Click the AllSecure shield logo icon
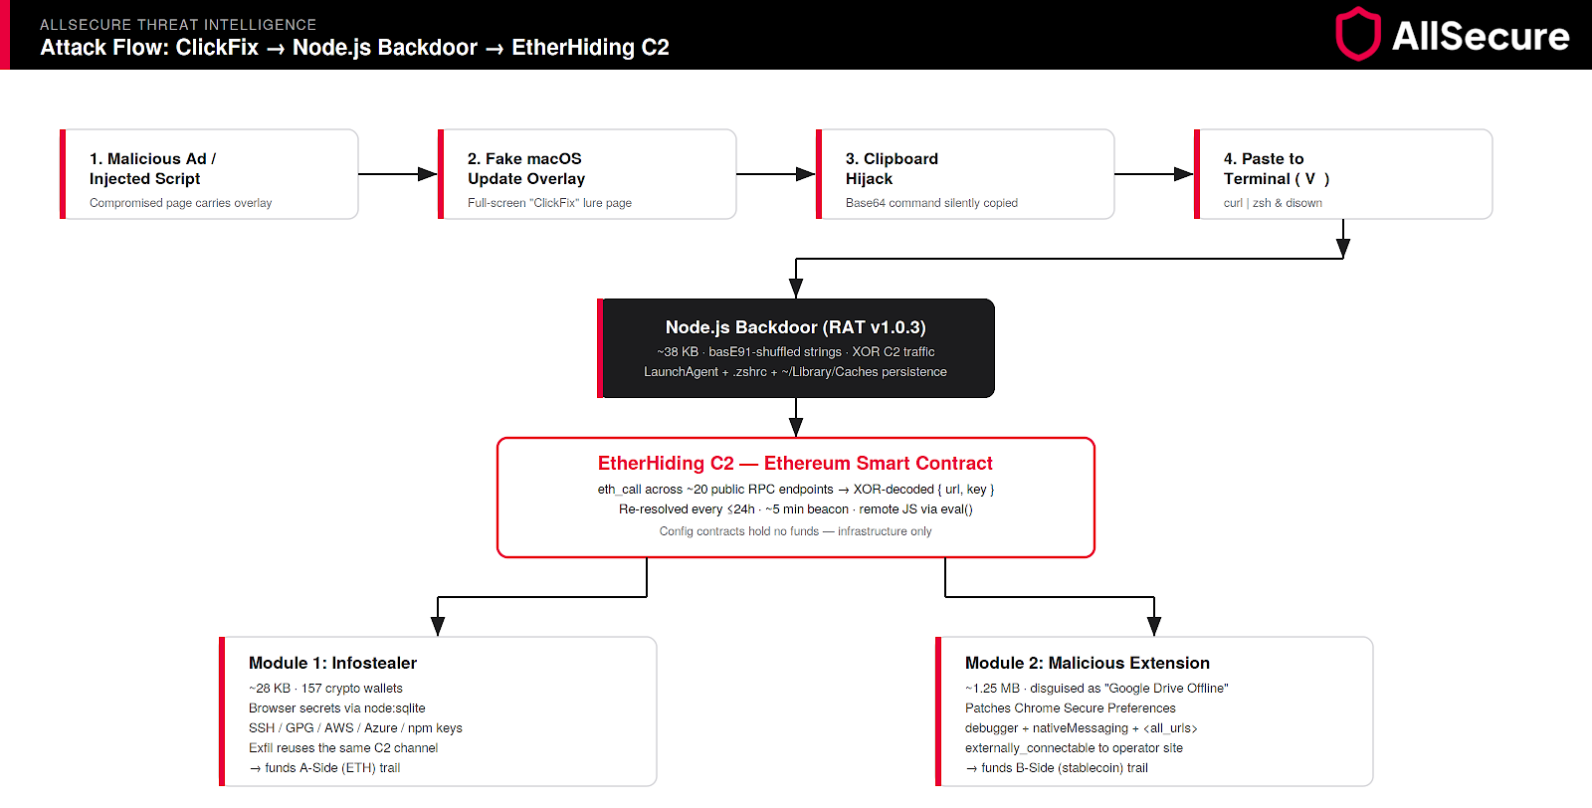pyautogui.click(x=1358, y=34)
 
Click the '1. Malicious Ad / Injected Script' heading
pyautogui.click(x=153, y=168)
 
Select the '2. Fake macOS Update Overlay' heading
pyautogui.click(x=526, y=168)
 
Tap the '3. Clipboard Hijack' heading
pyautogui.click(x=892, y=168)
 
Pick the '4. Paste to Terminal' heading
pyautogui.click(x=1276, y=168)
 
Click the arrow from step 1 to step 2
pyautogui.click(x=398, y=174)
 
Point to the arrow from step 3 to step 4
pyautogui.click(x=1154, y=174)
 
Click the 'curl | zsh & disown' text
pyautogui.click(x=1273, y=203)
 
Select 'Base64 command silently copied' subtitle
pyautogui.click(x=931, y=203)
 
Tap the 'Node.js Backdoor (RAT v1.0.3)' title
pyautogui.click(x=795, y=327)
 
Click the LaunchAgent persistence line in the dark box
pyautogui.click(x=795, y=372)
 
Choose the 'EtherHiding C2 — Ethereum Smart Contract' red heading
pyautogui.click(x=795, y=464)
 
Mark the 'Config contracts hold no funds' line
pyautogui.click(x=795, y=531)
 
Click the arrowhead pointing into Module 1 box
pyautogui.click(x=438, y=626)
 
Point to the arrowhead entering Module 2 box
pyautogui.click(x=1154, y=626)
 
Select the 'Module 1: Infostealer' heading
pyautogui.click(x=332, y=663)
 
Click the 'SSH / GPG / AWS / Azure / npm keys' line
pyautogui.click(x=355, y=728)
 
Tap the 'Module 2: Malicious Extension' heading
pyautogui.click(x=1088, y=663)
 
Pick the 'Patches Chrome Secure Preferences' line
pyautogui.click(x=1071, y=708)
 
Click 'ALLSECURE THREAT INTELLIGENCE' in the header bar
pyautogui.click(x=178, y=25)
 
